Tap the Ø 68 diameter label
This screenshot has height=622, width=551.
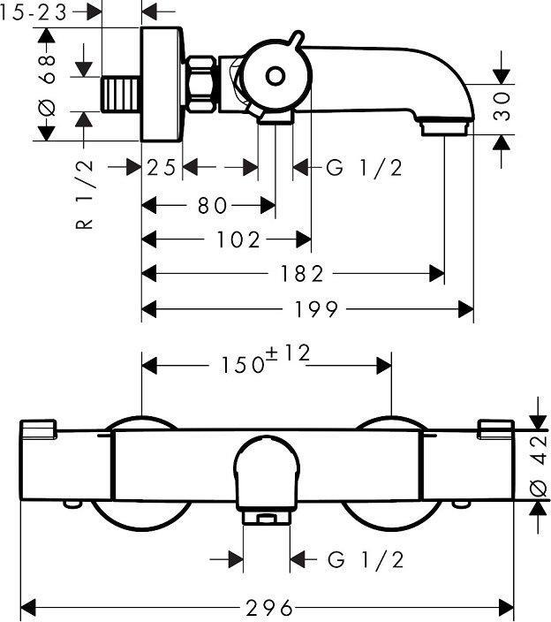50,83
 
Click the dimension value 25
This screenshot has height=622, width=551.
162,168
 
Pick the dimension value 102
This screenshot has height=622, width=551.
238,239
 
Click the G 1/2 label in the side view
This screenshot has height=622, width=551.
364,168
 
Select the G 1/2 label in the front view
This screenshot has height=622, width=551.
365,559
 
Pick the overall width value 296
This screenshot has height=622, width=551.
268,608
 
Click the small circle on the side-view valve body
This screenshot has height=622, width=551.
275,76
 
